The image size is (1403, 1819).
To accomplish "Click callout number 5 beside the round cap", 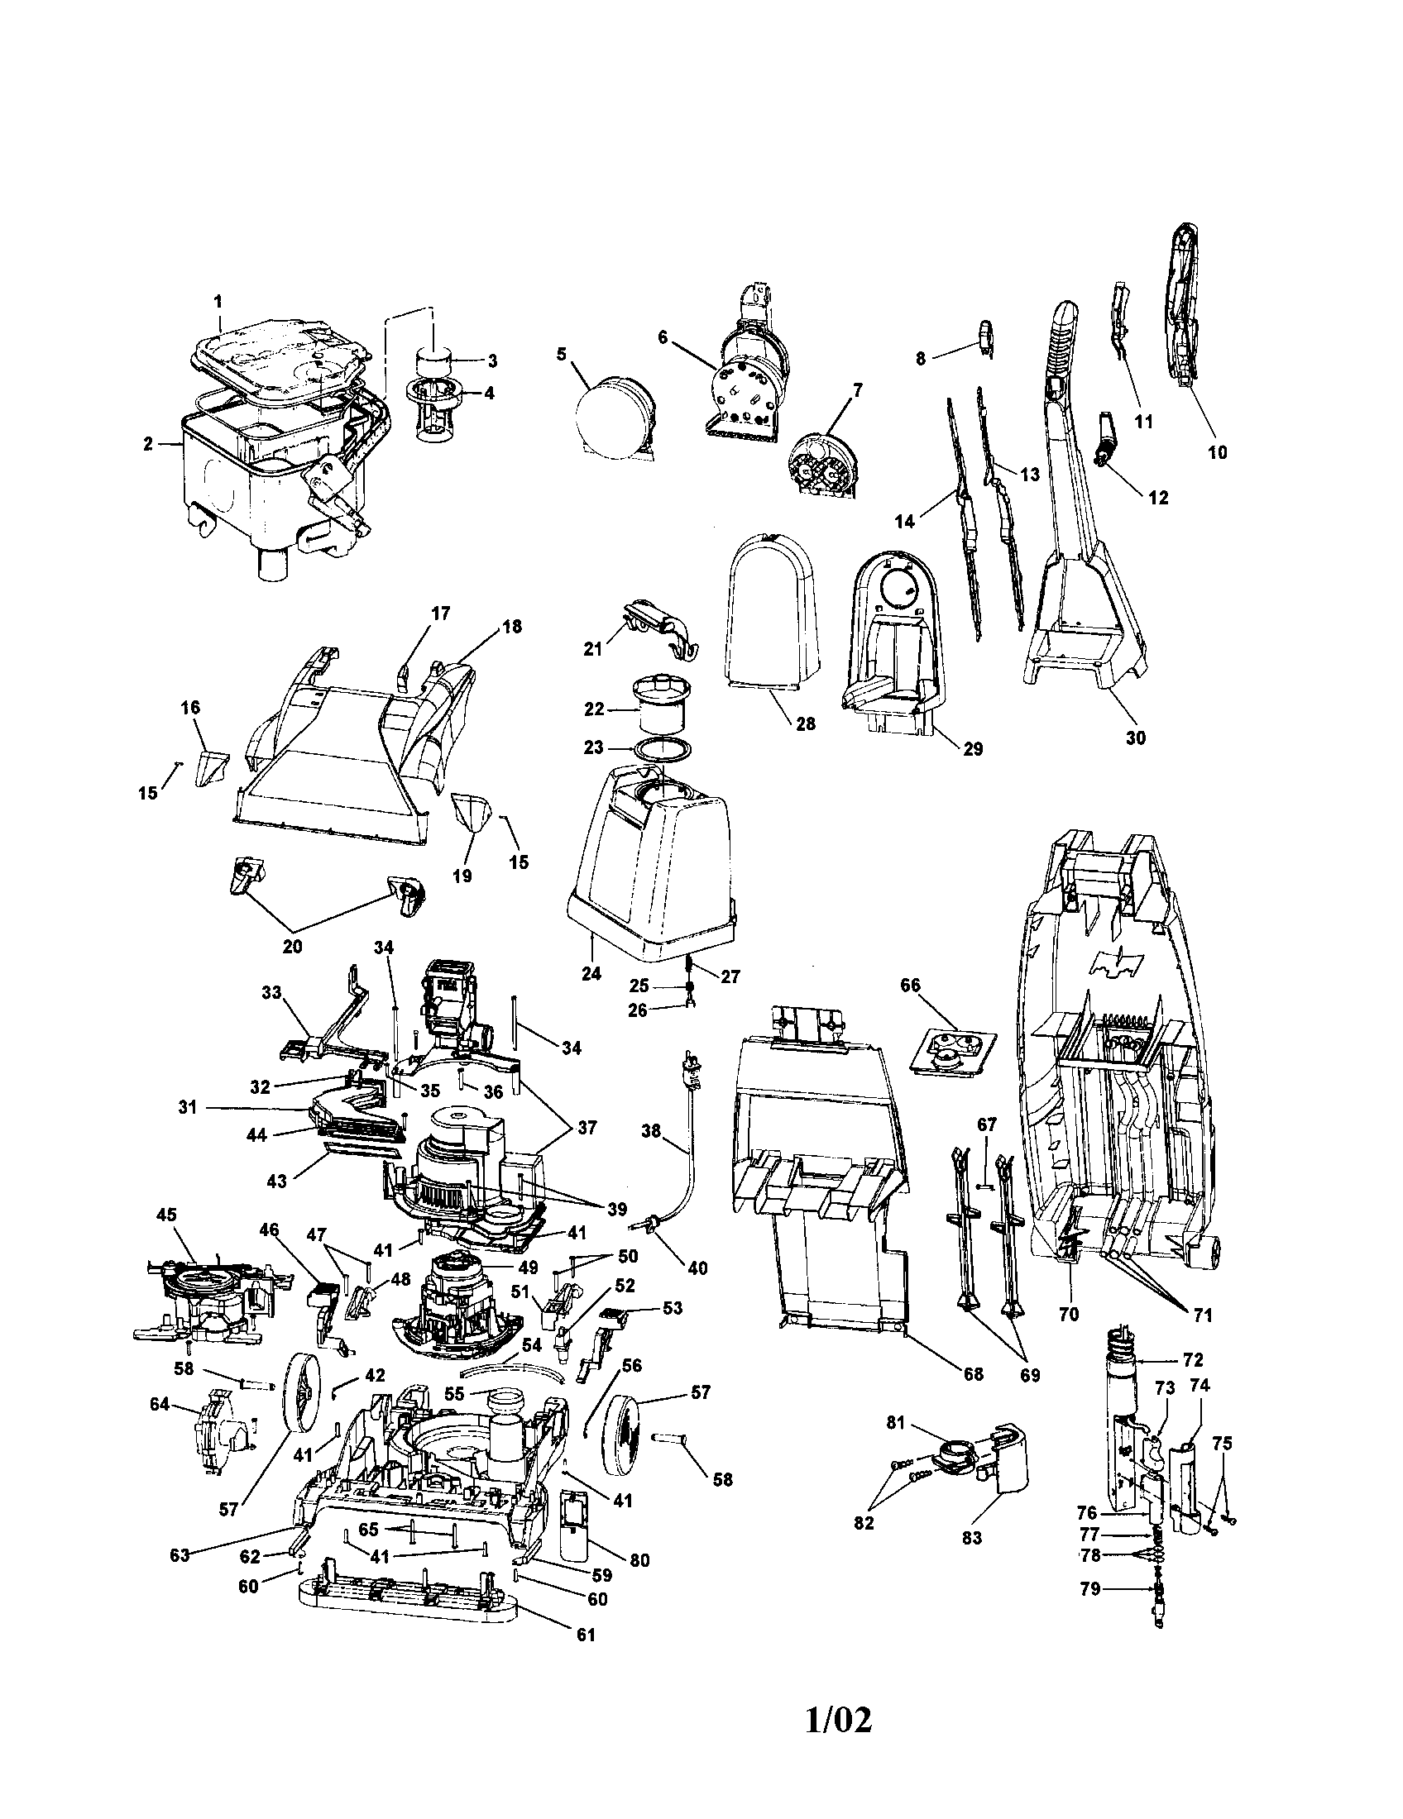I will click(561, 354).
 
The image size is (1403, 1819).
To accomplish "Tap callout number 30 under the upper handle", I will click(1136, 737).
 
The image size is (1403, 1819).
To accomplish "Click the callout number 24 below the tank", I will click(591, 972).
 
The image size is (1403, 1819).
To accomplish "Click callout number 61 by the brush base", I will click(587, 1634).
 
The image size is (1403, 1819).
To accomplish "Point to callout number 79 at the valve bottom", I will click(1090, 1588).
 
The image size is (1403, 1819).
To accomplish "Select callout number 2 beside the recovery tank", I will click(148, 444).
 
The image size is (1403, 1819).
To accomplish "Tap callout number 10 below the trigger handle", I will click(1217, 452).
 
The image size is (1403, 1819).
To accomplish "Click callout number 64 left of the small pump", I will click(159, 1404).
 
